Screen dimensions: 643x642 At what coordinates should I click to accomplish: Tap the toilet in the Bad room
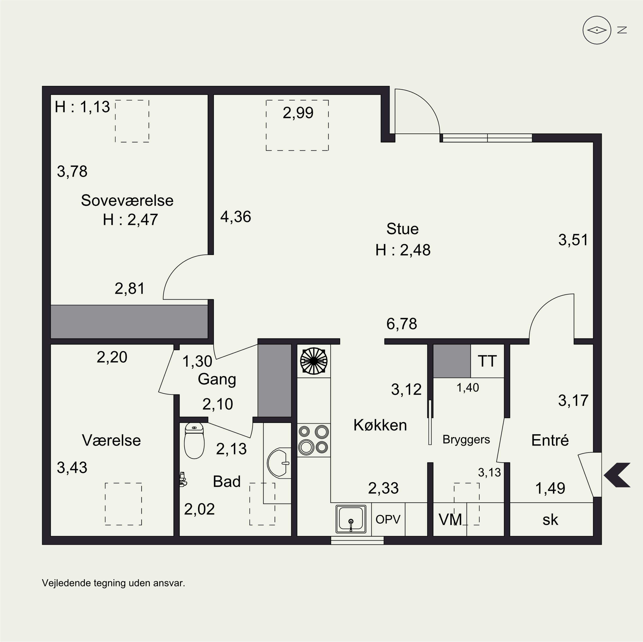click(x=194, y=441)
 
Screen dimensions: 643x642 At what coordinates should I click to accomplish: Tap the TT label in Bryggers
click(x=487, y=361)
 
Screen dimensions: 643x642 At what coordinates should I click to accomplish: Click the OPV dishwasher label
click(x=388, y=519)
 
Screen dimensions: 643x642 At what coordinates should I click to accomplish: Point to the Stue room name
click(x=402, y=229)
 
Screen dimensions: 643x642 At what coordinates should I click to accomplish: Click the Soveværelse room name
click(x=127, y=200)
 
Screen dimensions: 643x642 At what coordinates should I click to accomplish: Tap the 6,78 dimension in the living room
click(x=401, y=324)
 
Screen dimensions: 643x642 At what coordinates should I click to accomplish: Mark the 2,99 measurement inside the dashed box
click(x=298, y=113)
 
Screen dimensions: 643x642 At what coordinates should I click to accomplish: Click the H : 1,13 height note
click(x=82, y=107)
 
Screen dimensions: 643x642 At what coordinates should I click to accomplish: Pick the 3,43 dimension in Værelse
click(x=72, y=468)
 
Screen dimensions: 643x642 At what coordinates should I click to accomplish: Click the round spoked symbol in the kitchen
click(x=314, y=361)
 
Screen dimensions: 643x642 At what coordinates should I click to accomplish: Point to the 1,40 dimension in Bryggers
click(x=468, y=387)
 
